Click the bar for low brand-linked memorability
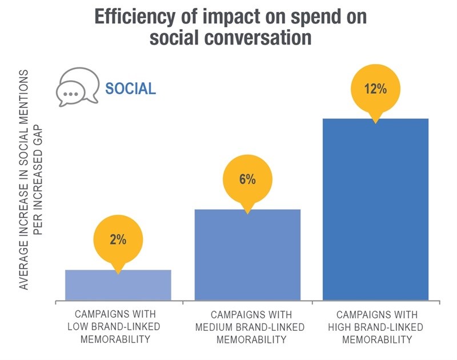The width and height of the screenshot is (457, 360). [x=118, y=285]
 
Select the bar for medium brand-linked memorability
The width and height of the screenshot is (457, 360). [x=247, y=255]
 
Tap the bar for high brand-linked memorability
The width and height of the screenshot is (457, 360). [x=375, y=209]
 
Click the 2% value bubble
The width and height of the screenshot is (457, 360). [x=118, y=240]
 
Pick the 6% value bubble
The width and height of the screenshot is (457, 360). [x=247, y=179]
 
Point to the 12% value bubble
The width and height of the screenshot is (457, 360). [x=375, y=89]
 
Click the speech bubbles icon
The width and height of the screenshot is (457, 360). [x=77, y=89]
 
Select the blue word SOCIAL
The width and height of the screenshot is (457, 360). [x=130, y=89]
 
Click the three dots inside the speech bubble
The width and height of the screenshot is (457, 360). [x=71, y=93]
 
